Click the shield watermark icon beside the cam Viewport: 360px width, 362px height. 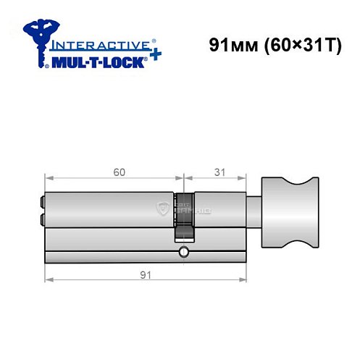[x=163, y=210]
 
